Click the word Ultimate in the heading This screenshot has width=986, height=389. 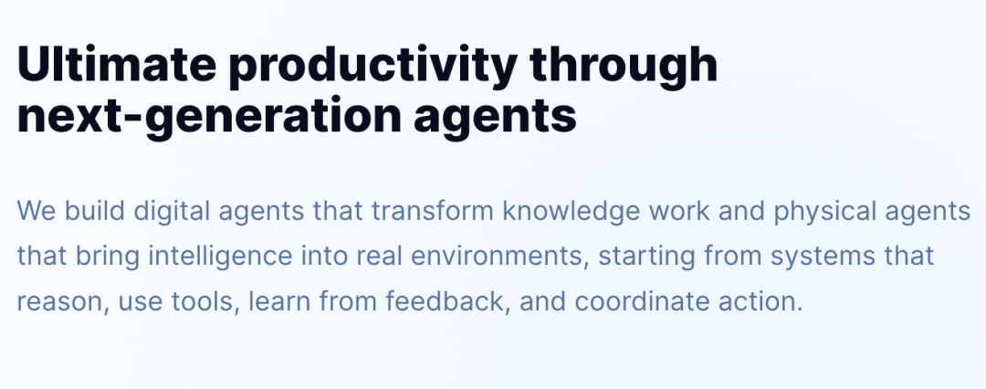point(117,64)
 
